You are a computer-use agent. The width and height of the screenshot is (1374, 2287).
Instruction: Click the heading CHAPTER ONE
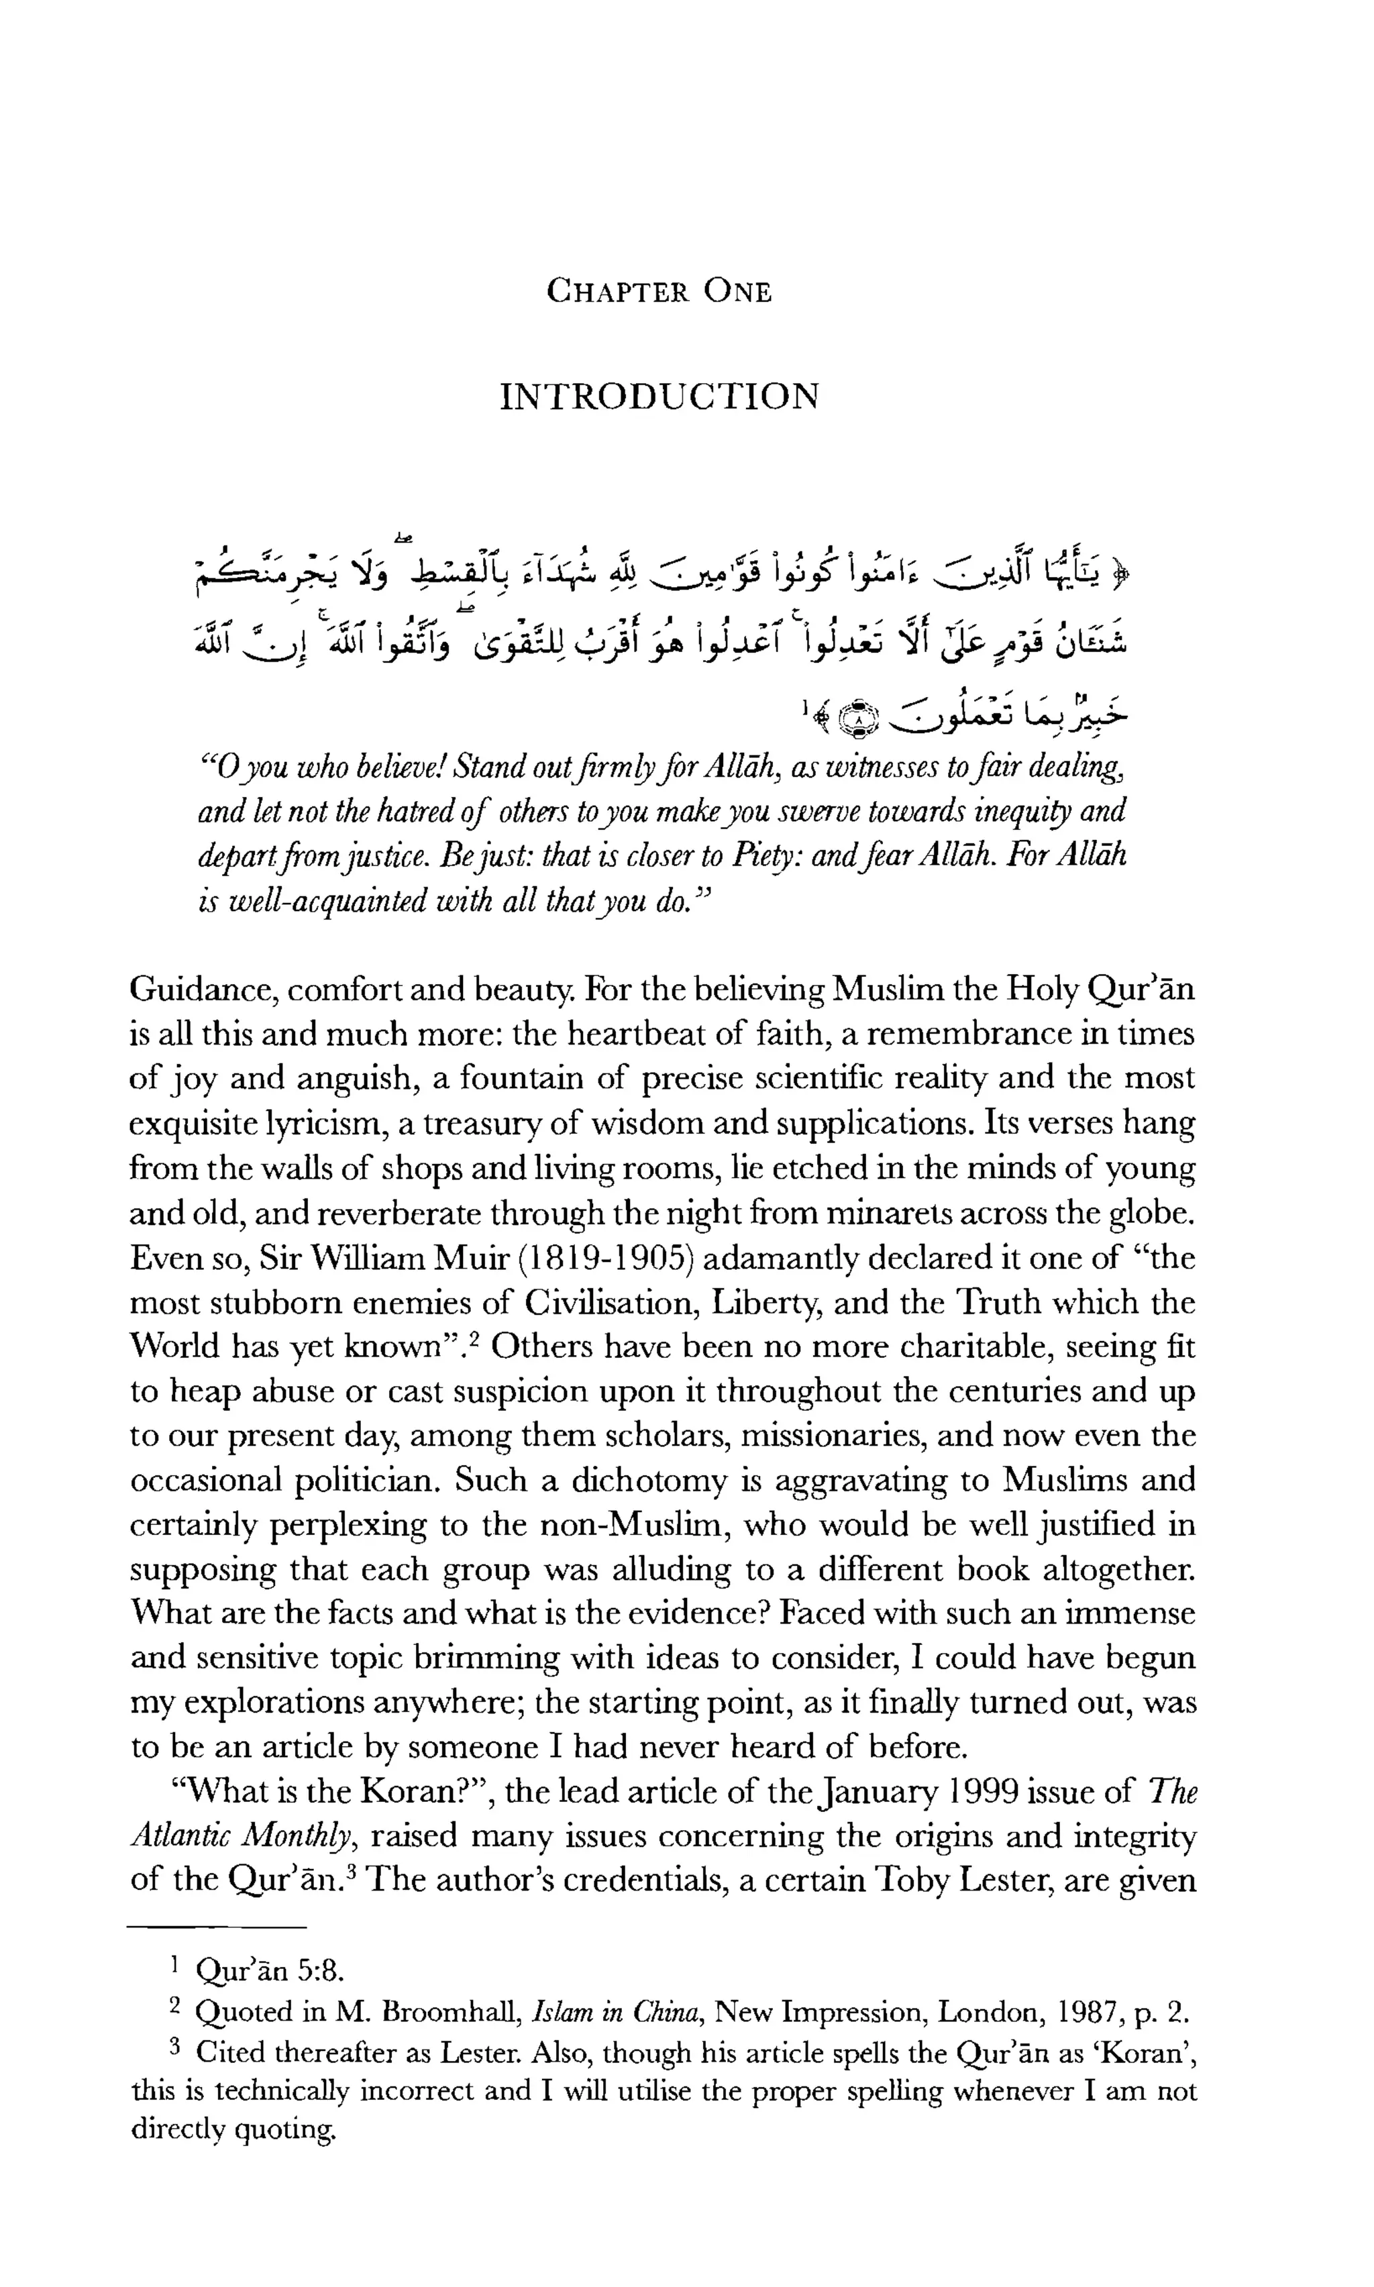tap(658, 292)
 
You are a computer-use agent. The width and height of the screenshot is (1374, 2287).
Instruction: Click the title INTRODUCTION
tap(658, 397)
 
